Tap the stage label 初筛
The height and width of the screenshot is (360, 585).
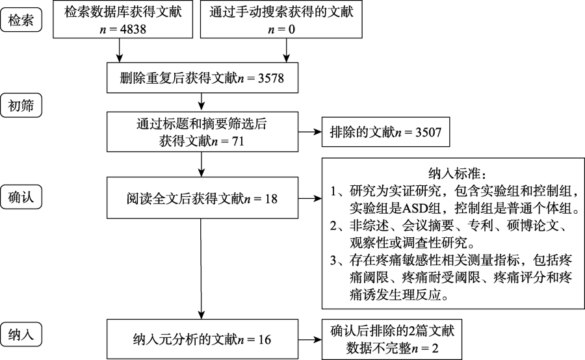point(21,105)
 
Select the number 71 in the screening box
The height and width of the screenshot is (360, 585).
point(239,140)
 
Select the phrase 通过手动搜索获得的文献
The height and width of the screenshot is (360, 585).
point(281,12)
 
